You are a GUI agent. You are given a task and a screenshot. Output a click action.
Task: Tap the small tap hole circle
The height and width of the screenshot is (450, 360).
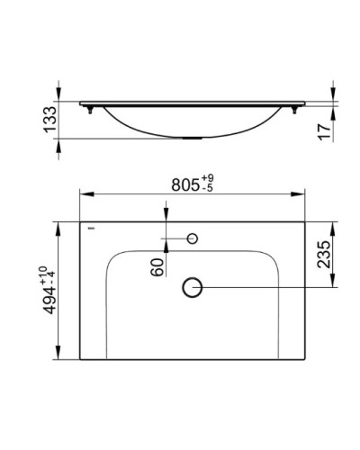click(192, 238)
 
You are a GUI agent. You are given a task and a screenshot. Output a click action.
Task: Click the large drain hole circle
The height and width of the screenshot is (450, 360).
click(192, 287)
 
